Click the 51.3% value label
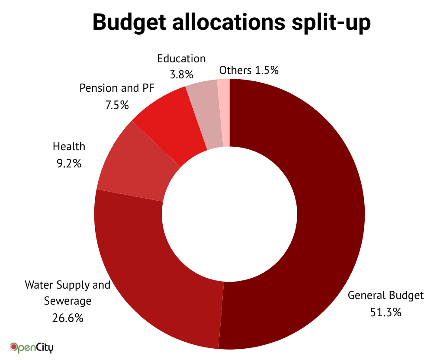[386, 312]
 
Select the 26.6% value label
[67, 318]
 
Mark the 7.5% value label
[117, 105]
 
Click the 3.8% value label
[181, 74]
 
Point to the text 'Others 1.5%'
[248, 70]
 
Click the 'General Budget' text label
[386, 296]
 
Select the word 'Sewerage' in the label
[67, 301]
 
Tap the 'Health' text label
[69, 146]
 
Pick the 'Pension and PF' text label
[117, 88]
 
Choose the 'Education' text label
[181, 58]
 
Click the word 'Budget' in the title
[131, 22]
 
